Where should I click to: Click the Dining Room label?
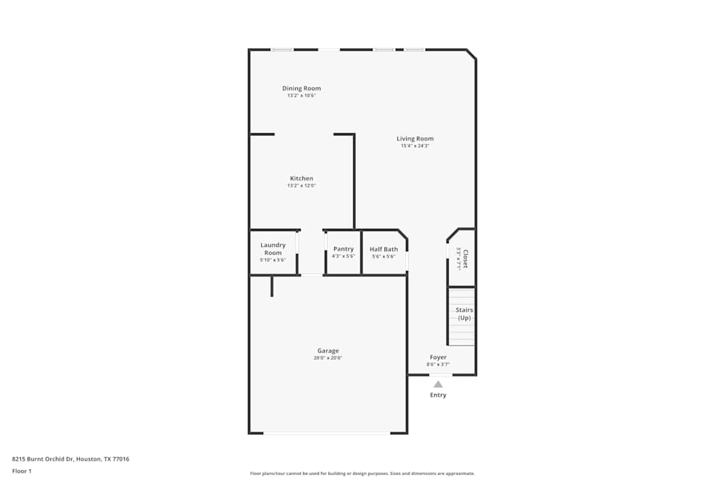pos(302,88)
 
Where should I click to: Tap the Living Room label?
pos(415,138)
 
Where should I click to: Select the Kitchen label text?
pos(302,178)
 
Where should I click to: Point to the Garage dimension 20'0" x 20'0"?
pos(328,358)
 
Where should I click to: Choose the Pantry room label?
pos(344,249)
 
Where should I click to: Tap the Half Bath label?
pos(384,249)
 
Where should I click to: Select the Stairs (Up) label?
pos(464,314)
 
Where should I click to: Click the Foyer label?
pos(438,357)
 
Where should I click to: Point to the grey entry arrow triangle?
pos(438,385)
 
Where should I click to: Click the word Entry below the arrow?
pos(438,395)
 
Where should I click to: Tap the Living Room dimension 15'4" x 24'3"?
pos(415,146)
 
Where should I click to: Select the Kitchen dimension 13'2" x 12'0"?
pos(302,185)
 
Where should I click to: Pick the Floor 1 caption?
pos(22,471)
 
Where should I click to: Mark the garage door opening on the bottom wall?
pos(327,433)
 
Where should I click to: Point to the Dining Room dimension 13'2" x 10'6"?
pos(302,95)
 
